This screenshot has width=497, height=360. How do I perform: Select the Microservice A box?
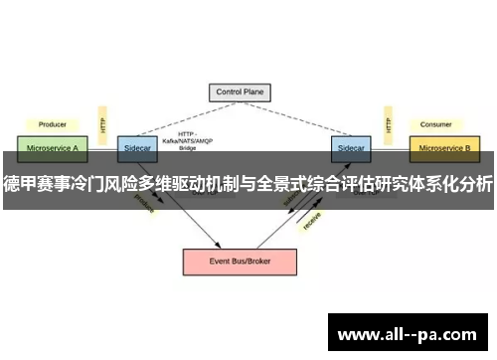[x=52, y=147]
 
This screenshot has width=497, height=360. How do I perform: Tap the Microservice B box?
[x=444, y=147]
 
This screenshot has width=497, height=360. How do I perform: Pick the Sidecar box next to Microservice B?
[x=350, y=147]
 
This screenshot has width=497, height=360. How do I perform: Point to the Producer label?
[x=52, y=124]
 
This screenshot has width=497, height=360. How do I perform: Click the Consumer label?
[x=434, y=124]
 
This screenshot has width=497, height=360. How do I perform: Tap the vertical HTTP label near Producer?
[x=102, y=124]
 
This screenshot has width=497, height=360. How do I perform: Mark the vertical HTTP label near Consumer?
[x=387, y=124]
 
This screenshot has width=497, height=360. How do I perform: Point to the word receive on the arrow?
[x=311, y=222]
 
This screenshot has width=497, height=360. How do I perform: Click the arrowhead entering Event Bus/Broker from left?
[x=216, y=245]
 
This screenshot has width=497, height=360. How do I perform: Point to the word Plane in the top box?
[x=257, y=92]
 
